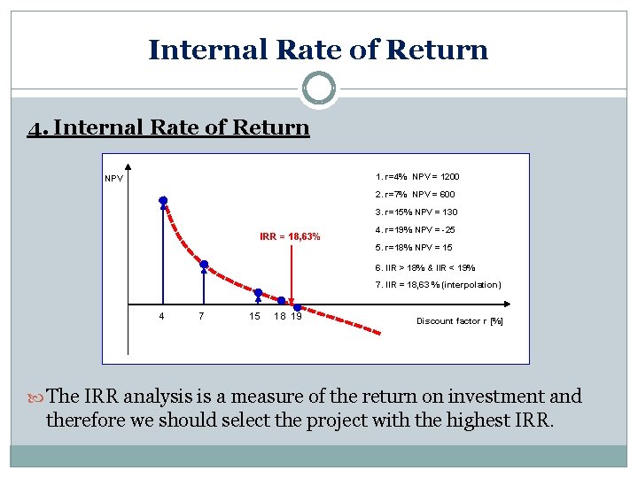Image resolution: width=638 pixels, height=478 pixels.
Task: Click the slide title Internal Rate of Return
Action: (x=318, y=50)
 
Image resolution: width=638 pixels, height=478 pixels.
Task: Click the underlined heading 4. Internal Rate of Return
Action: (x=168, y=127)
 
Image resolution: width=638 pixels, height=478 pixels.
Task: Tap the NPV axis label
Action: (x=113, y=179)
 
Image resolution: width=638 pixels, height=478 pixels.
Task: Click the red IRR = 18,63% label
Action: (x=290, y=236)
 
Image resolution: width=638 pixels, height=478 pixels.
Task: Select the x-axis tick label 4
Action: (x=160, y=317)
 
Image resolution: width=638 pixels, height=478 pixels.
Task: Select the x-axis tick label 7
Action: (x=203, y=317)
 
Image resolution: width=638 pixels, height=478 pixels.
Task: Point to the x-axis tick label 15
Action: (x=254, y=317)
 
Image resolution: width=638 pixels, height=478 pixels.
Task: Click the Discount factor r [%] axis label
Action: (x=459, y=321)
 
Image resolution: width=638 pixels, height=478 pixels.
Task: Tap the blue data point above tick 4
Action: (x=163, y=201)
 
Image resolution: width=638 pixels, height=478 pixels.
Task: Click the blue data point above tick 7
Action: (x=204, y=264)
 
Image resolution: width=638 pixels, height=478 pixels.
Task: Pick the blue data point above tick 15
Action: (x=259, y=292)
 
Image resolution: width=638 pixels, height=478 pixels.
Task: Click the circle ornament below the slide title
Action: (x=318, y=89)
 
